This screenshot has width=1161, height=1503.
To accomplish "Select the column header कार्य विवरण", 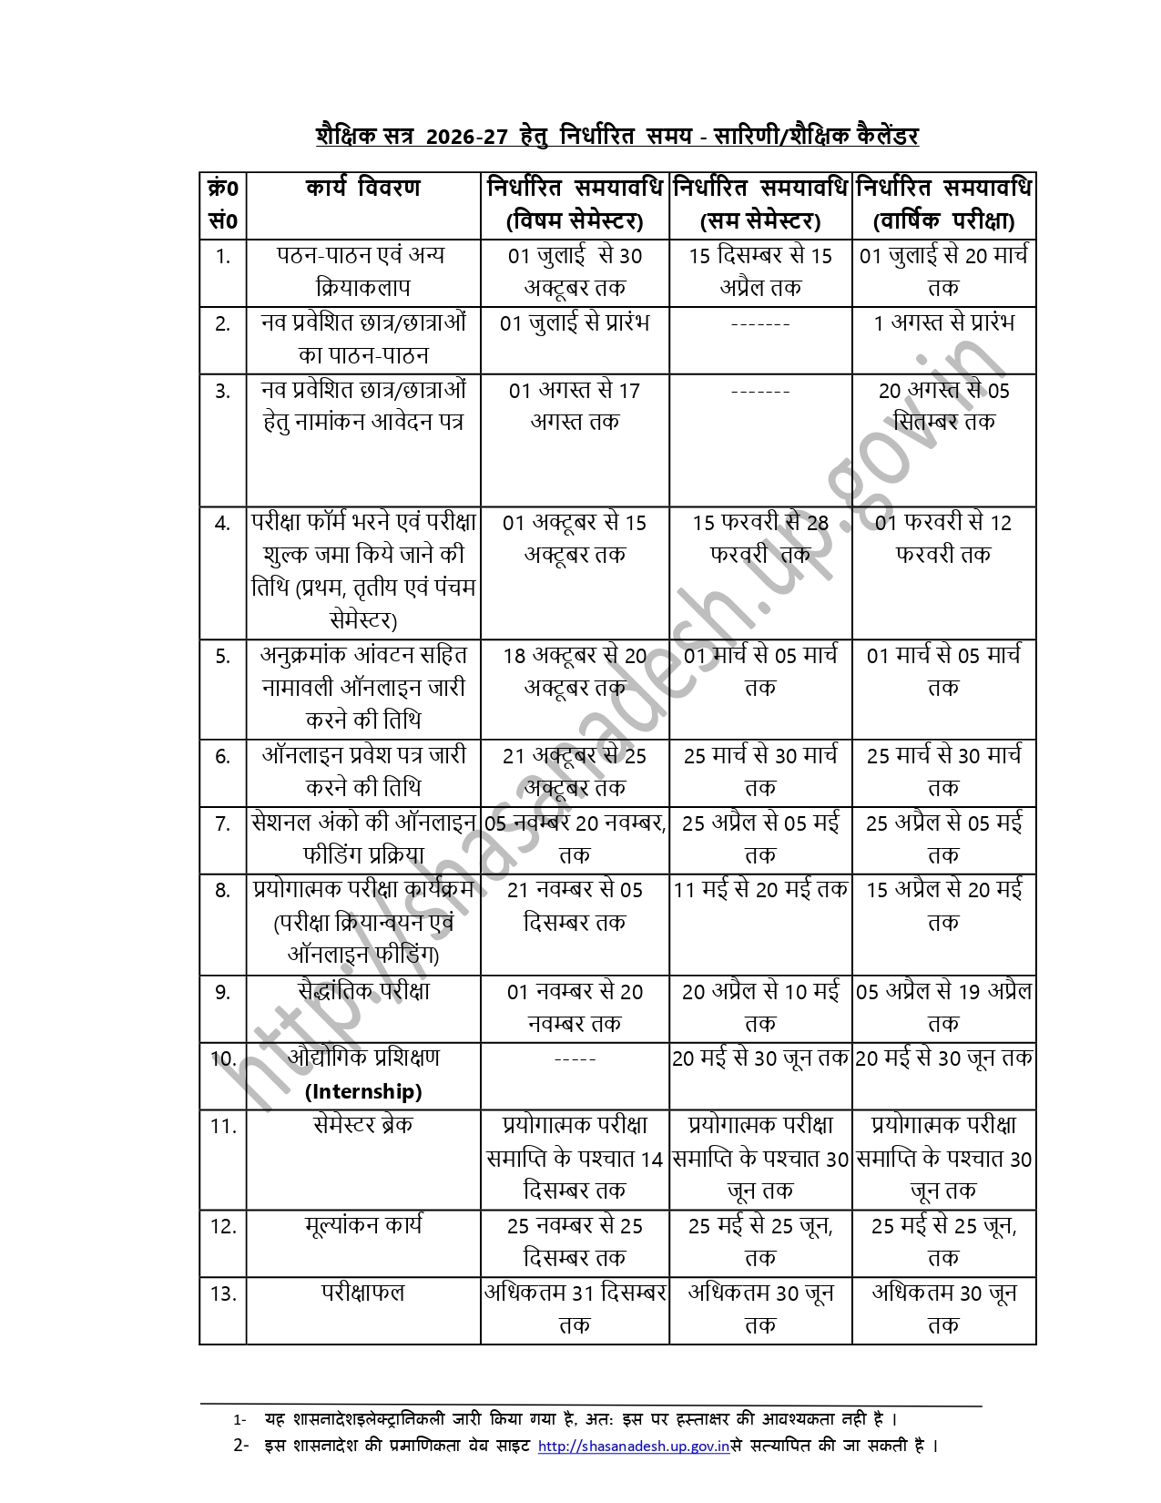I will click(x=362, y=189).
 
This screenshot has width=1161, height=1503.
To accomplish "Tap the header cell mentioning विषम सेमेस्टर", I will click(x=575, y=205).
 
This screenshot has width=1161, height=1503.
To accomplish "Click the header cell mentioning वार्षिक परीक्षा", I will click(x=943, y=205).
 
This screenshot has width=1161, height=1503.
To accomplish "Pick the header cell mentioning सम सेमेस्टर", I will click(x=760, y=205).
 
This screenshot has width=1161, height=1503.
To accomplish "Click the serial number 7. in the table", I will click(x=222, y=824).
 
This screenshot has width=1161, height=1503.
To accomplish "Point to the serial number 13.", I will click(x=223, y=1293).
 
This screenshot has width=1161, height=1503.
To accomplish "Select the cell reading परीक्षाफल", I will click(x=362, y=1293).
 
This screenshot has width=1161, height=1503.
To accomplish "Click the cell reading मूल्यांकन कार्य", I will click(x=362, y=1225).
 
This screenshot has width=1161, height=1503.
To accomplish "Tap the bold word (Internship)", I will click(x=363, y=1091).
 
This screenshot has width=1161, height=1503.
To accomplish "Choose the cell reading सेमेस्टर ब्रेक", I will click(x=362, y=1125).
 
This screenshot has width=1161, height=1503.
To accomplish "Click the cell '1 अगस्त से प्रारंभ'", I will click(x=943, y=323).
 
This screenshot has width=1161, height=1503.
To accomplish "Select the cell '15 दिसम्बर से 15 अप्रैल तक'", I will click(x=760, y=271).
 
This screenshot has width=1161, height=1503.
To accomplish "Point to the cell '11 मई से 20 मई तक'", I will click(x=760, y=889).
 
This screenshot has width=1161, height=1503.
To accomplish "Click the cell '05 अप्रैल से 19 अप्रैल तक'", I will click(x=943, y=1007).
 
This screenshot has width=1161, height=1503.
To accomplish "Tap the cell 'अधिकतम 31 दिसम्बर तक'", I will click(x=575, y=1309).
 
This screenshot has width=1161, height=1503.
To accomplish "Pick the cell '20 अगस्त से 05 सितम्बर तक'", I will click(x=943, y=406).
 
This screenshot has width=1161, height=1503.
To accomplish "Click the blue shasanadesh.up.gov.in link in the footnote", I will click(x=634, y=1446).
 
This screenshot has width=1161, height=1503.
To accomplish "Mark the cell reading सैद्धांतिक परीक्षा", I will click(x=362, y=991).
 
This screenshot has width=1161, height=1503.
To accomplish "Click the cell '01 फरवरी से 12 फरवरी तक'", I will click(x=943, y=538).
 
